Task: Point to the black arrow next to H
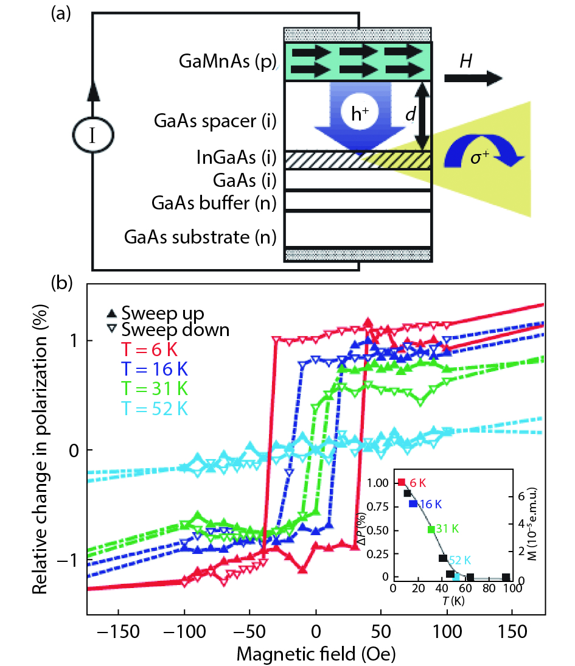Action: pos(473,79)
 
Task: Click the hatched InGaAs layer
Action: pos(358,159)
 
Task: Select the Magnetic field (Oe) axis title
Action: pos(316,654)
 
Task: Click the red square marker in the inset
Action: pos(401,482)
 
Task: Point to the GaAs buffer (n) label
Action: pos(209,203)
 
